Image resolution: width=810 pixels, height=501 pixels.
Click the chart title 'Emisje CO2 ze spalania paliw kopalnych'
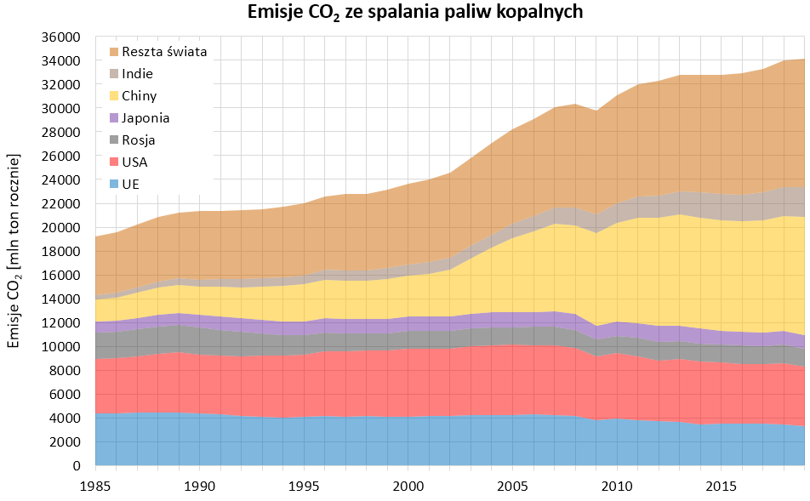pos(403,13)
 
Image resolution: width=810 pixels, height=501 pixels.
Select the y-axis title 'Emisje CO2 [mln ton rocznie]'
pos(14,251)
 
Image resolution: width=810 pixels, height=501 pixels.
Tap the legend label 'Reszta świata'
pos(164,51)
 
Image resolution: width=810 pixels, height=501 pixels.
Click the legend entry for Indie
pos(138,73)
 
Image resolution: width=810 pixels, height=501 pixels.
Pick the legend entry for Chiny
pos(140,95)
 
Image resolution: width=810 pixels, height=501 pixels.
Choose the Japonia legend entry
pos(145,117)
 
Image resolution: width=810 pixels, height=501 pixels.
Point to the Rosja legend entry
pos(139,139)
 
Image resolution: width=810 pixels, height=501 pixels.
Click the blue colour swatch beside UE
pos(114,184)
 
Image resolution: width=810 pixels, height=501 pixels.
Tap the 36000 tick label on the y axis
pos(60,37)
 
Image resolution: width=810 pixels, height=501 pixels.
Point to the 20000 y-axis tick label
pos(60,228)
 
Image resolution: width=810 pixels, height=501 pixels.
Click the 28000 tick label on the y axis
pos(60,133)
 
